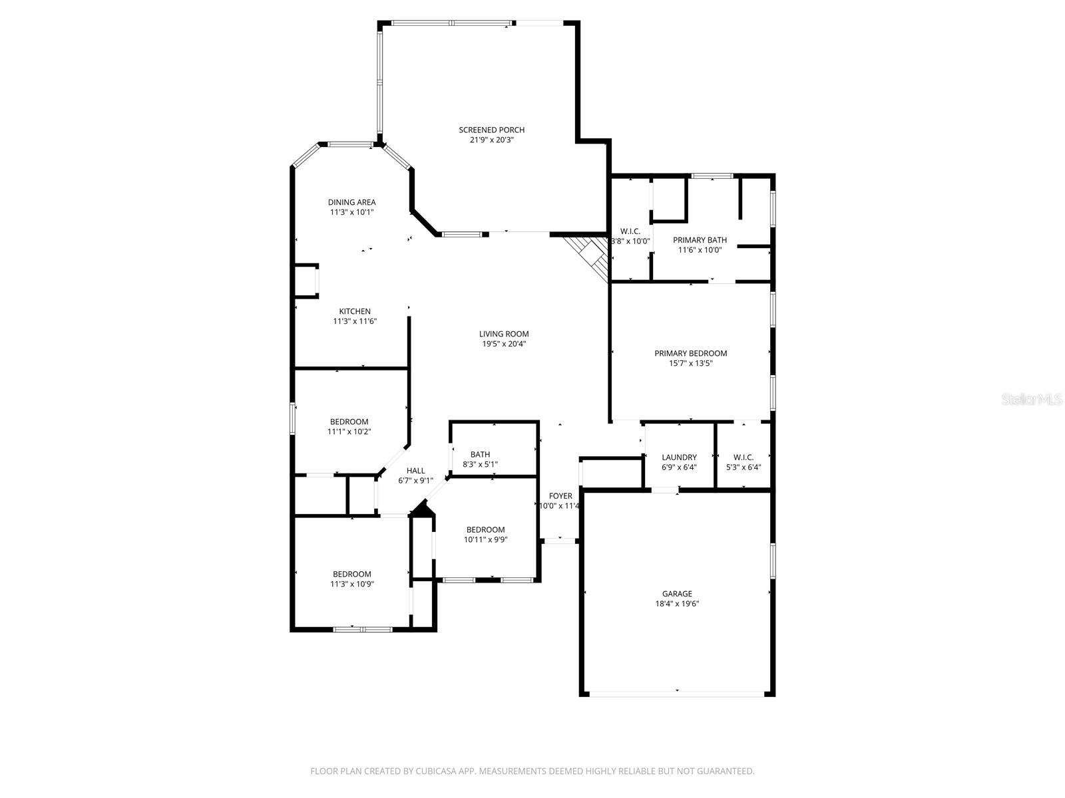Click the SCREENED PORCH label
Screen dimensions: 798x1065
point(491,130)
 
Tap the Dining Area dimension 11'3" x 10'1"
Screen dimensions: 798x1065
point(351,212)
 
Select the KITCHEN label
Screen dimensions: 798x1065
point(355,311)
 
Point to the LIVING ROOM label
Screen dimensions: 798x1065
point(504,334)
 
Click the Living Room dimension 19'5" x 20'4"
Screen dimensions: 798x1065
point(504,344)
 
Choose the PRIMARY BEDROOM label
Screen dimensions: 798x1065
point(690,353)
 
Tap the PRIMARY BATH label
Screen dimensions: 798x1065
point(700,240)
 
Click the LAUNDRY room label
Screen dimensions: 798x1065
point(679,457)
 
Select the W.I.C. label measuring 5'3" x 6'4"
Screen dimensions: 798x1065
point(744,457)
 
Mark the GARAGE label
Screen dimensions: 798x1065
point(677,594)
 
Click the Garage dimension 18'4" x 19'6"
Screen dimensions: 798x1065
point(677,604)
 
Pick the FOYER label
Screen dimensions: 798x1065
point(560,496)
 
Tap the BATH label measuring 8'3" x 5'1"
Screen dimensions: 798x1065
point(480,454)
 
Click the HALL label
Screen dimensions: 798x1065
point(415,470)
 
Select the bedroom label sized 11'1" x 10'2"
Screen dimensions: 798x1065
point(349,422)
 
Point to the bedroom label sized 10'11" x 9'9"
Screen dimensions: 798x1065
point(485,530)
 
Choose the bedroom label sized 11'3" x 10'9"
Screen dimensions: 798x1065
point(351,574)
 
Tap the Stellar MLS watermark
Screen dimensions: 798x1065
point(1032,400)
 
